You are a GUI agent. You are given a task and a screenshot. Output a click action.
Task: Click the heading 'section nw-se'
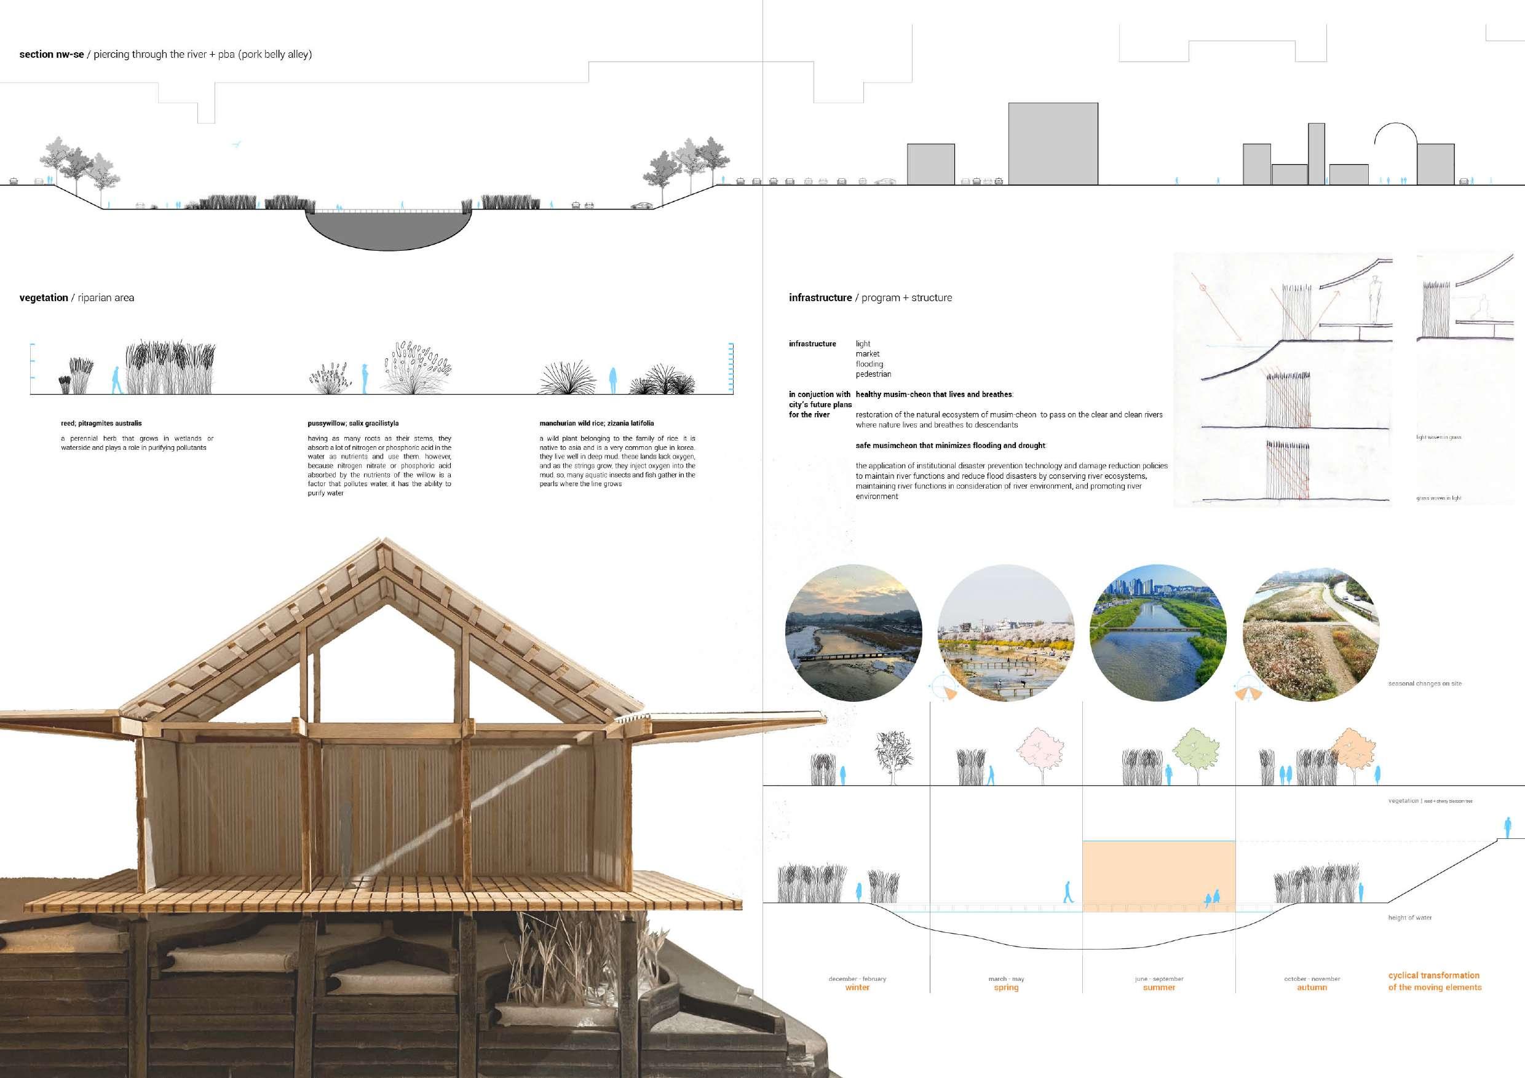tap(51, 55)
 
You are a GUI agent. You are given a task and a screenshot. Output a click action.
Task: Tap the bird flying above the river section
tap(236, 144)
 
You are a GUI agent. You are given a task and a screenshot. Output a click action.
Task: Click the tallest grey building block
tap(1053, 143)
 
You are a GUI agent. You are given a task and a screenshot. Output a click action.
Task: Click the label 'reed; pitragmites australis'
tap(101, 423)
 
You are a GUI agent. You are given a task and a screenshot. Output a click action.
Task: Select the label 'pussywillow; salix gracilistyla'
tap(353, 423)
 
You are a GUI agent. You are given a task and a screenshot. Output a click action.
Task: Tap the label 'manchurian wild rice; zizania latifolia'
tap(596, 423)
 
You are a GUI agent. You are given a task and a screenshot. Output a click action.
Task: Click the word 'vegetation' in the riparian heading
tap(44, 298)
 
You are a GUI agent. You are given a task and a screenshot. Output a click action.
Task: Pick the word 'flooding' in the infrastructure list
tap(869, 364)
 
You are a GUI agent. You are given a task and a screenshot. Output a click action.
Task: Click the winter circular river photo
tap(854, 633)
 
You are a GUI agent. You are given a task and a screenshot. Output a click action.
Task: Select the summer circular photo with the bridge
tap(1159, 633)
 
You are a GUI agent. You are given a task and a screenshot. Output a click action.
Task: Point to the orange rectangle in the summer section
tap(1159, 875)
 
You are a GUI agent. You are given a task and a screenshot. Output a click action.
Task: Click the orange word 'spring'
tap(1006, 988)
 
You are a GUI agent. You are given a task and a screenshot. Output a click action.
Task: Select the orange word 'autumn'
tap(1312, 988)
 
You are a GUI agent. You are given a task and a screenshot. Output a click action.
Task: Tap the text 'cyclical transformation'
tap(1433, 975)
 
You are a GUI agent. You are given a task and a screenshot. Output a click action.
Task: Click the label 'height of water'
tap(1409, 918)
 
